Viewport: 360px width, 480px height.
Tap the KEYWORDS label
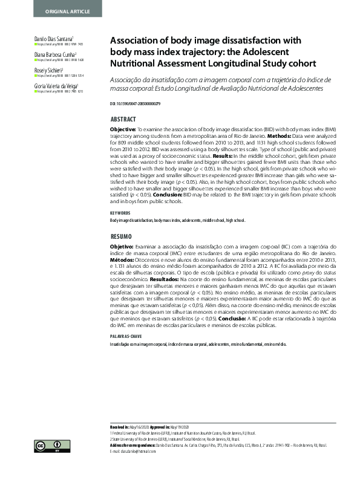[x=120, y=213]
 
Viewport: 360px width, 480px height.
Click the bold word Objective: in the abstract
[x=122, y=130]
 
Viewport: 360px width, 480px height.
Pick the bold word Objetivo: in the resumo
[x=121, y=247]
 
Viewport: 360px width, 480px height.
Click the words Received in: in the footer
[x=121, y=427]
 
